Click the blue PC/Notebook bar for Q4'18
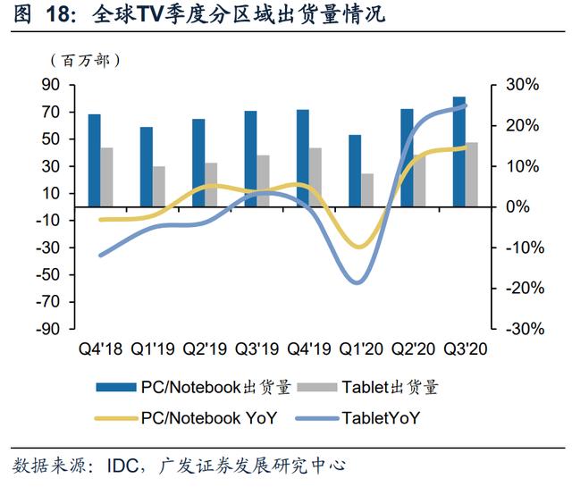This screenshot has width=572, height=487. click(x=95, y=161)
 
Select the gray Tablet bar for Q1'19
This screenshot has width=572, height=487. click(x=159, y=187)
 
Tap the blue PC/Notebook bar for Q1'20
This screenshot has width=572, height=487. click(x=355, y=171)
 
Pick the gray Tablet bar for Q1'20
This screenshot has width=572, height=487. click(x=367, y=190)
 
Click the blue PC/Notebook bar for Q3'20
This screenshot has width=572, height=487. click(x=459, y=152)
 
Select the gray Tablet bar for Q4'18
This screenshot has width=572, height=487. click(x=107, y=177)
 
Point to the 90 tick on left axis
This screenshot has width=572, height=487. click(x=51, y=85)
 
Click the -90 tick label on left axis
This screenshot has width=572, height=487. click(x=47, y=329)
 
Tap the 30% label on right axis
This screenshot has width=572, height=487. click(x=522, y=85)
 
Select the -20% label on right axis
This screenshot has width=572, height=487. click(x=525, y=289)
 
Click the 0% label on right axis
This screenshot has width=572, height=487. click(x=517, y=206)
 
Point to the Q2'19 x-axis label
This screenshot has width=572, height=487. click(x=205, y=349)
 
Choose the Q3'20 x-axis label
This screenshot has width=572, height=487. click(x=465, y=349)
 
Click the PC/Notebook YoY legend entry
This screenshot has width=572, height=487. click(x=187, y=418)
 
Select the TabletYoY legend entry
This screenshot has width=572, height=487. click(x=357, y=418)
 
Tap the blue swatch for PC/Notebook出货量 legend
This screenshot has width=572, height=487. click(x=116, y=387)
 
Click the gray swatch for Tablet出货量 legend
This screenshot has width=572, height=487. click(x=317, y=387)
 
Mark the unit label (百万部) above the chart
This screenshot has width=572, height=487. click(x=86, y=61)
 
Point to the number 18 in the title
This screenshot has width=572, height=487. click(x=57, y=14)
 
